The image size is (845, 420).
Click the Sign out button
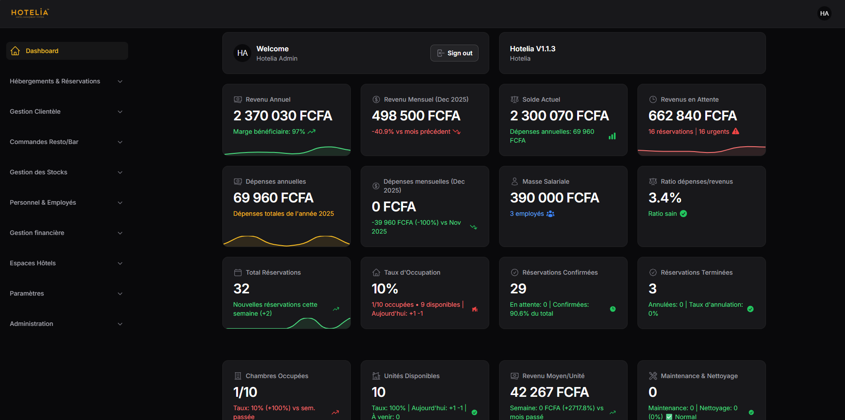454,53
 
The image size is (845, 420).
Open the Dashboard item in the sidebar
42,51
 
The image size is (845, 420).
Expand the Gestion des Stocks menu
38,172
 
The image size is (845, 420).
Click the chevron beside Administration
120,324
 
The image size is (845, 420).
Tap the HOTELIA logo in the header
30,13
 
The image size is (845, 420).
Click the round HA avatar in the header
824,13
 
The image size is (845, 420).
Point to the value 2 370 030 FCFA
283,116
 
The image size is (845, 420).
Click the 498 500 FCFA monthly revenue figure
416,116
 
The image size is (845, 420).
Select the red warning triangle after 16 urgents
736,132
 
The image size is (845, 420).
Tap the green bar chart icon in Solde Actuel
612,136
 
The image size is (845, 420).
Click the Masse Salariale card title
545,181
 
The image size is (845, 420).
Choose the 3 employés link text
527,214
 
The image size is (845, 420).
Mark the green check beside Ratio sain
683,214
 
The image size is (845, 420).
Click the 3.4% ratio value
665,198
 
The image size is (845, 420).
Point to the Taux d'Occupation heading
412,272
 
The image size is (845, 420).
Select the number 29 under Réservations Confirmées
518,289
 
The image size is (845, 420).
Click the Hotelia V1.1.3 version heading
533,49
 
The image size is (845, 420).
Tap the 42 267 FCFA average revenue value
549,392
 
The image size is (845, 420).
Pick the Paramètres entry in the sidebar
27,293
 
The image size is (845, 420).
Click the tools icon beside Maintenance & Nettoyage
653,376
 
